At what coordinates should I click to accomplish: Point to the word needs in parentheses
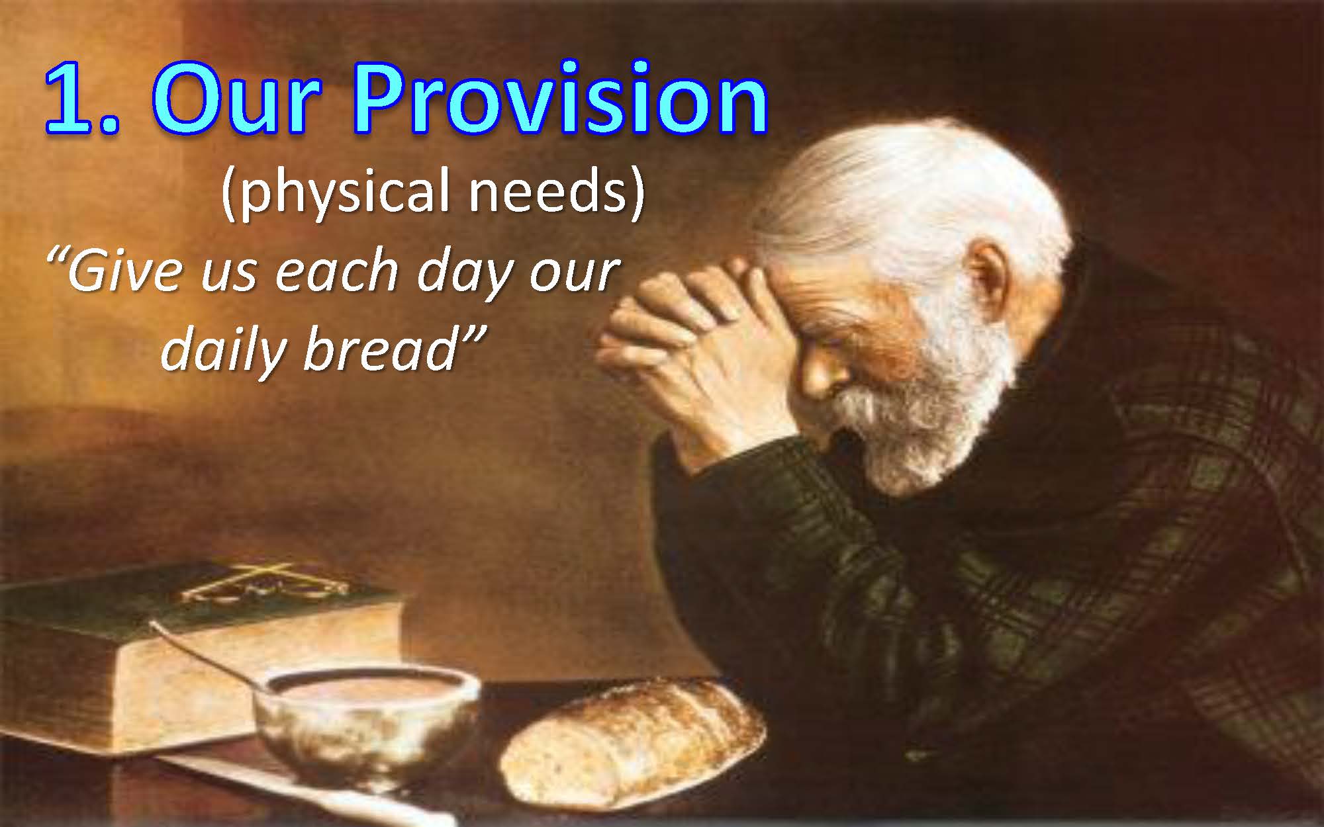coord(557,192)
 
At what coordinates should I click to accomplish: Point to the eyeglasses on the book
coord(265,586)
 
